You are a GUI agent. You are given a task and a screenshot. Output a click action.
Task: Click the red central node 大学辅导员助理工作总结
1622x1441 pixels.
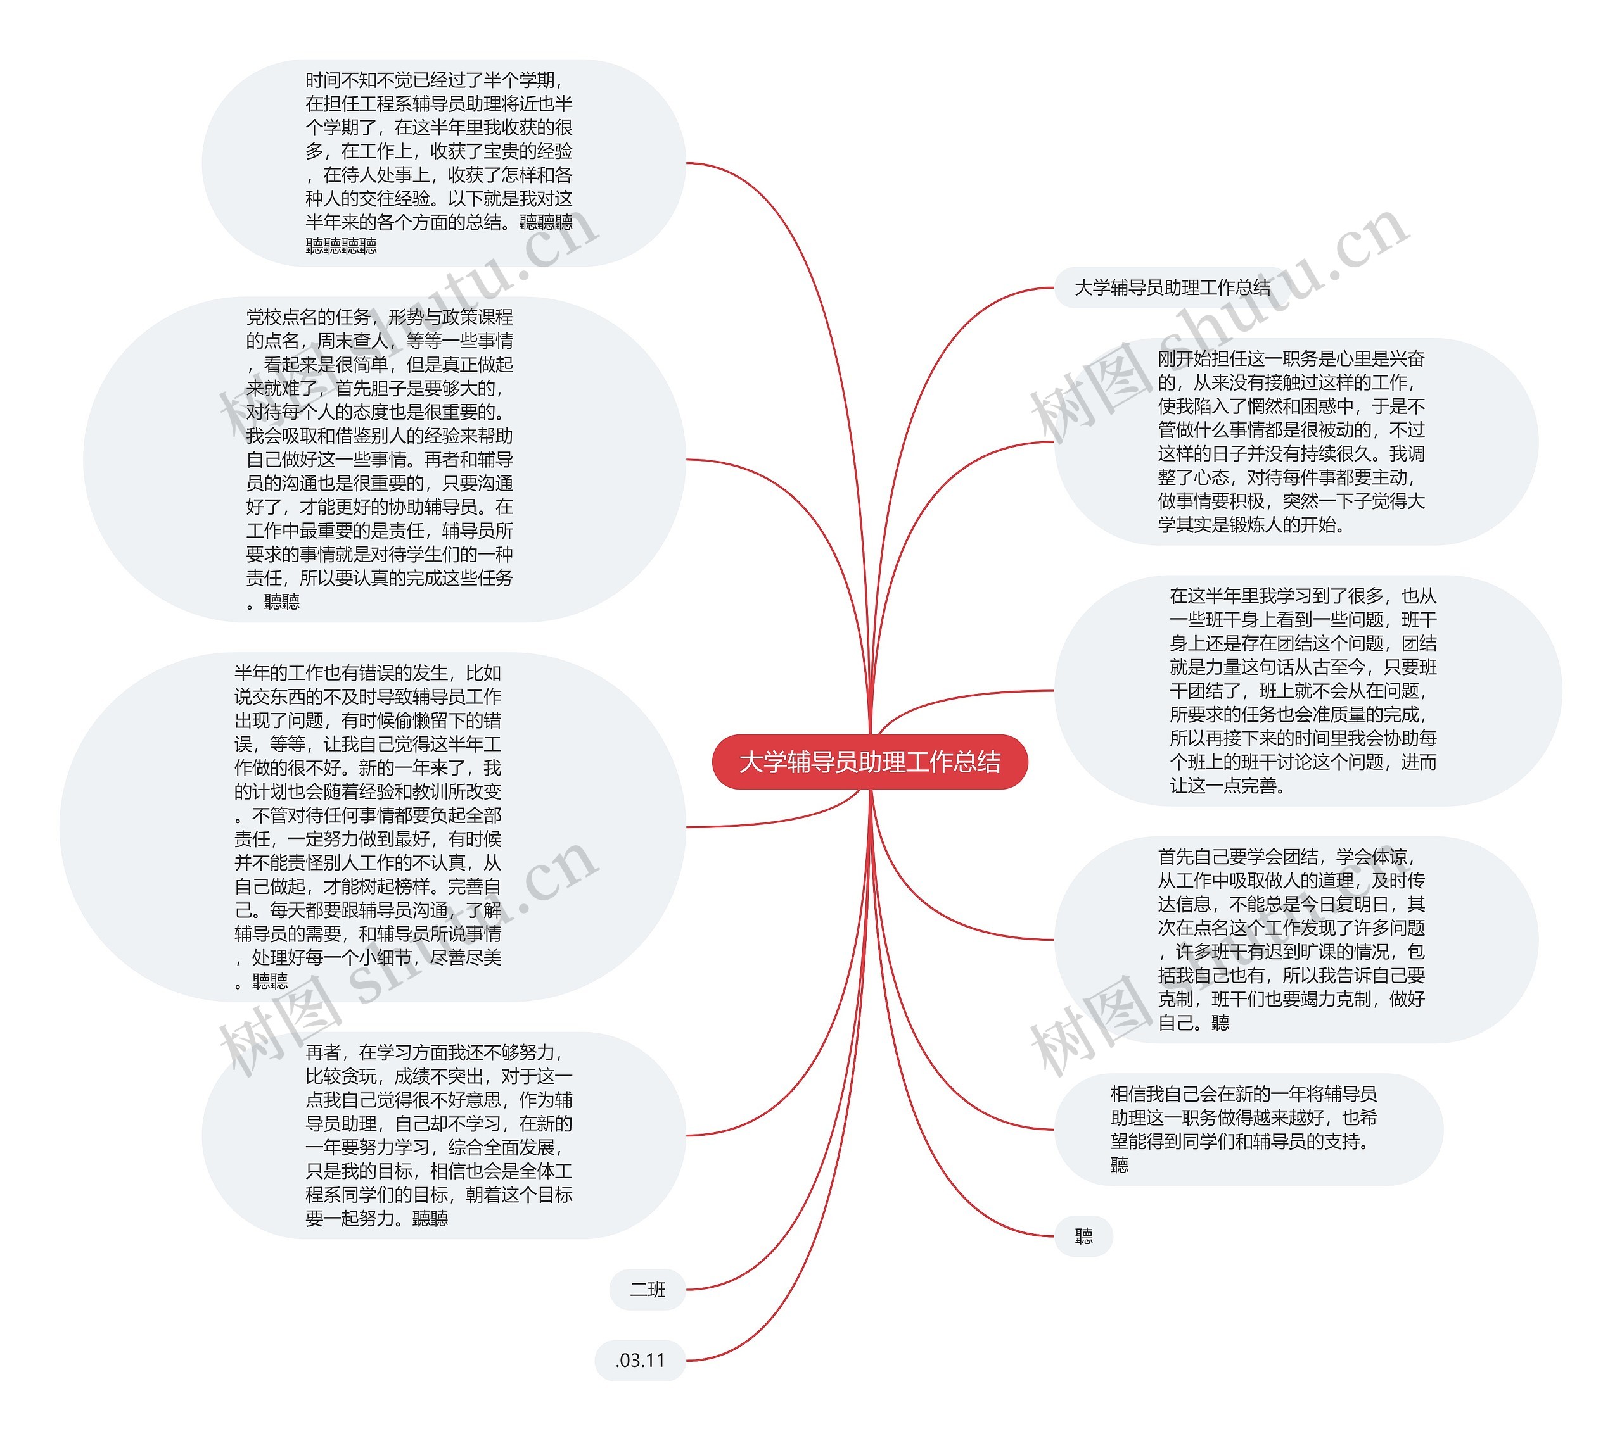(x=870, y=762)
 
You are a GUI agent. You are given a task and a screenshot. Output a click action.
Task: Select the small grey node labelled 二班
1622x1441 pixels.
(x=647, y=1290)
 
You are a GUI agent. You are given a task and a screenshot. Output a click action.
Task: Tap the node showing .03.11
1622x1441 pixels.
(x=639, y=1360)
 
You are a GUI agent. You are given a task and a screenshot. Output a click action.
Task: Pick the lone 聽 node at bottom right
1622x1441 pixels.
(x=1083, y=1236)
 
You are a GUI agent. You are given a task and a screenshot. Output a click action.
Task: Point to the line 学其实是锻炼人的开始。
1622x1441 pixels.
(x=1251, y=525)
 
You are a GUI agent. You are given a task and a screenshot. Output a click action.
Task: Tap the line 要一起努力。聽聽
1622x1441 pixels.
(x=377, y=1218)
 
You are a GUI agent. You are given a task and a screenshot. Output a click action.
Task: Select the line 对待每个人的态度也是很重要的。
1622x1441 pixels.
(x=374, y=412)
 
